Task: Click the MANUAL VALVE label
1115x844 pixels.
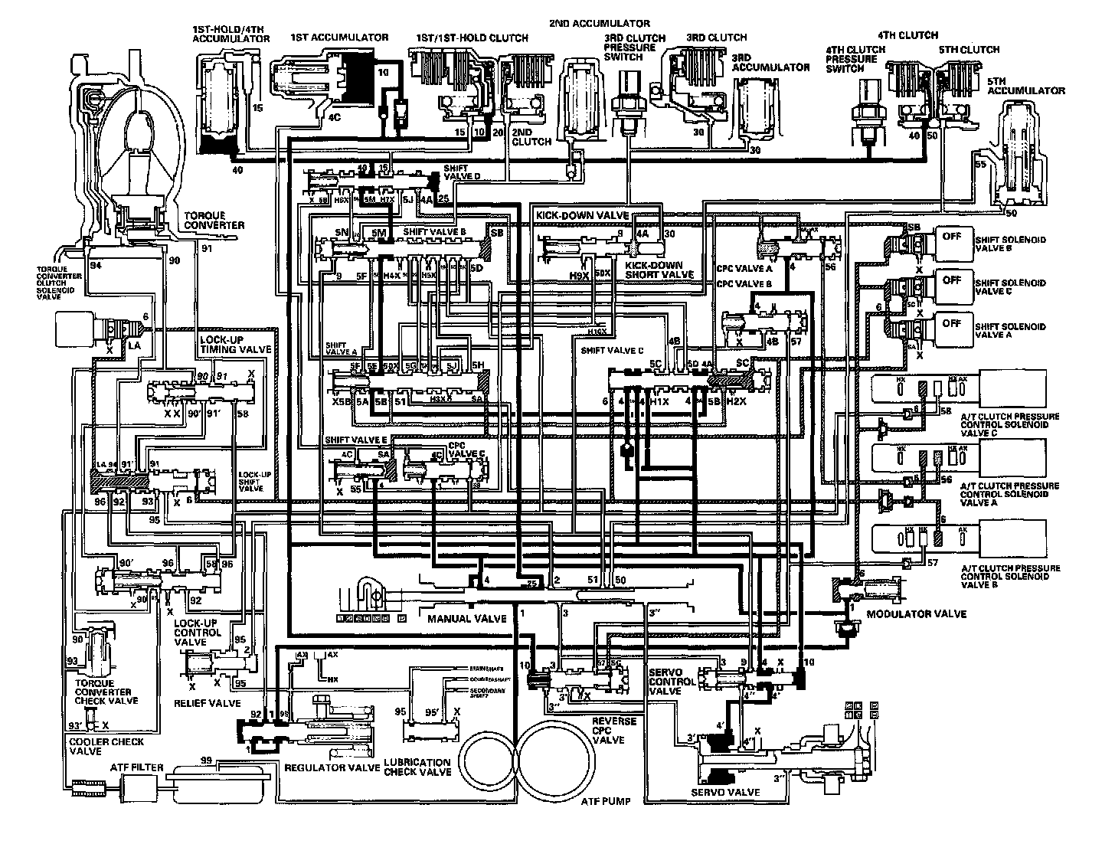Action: coord(456,618)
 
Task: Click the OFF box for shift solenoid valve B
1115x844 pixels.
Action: coord(951,237)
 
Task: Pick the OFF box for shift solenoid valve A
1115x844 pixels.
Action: coord(951,324)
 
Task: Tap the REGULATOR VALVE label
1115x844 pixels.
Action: coord(332,767)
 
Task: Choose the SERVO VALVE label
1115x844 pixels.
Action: coord(725,792)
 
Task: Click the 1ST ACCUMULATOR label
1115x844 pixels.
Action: coord(339,37)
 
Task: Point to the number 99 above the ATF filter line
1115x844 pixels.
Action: coord(205,759)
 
